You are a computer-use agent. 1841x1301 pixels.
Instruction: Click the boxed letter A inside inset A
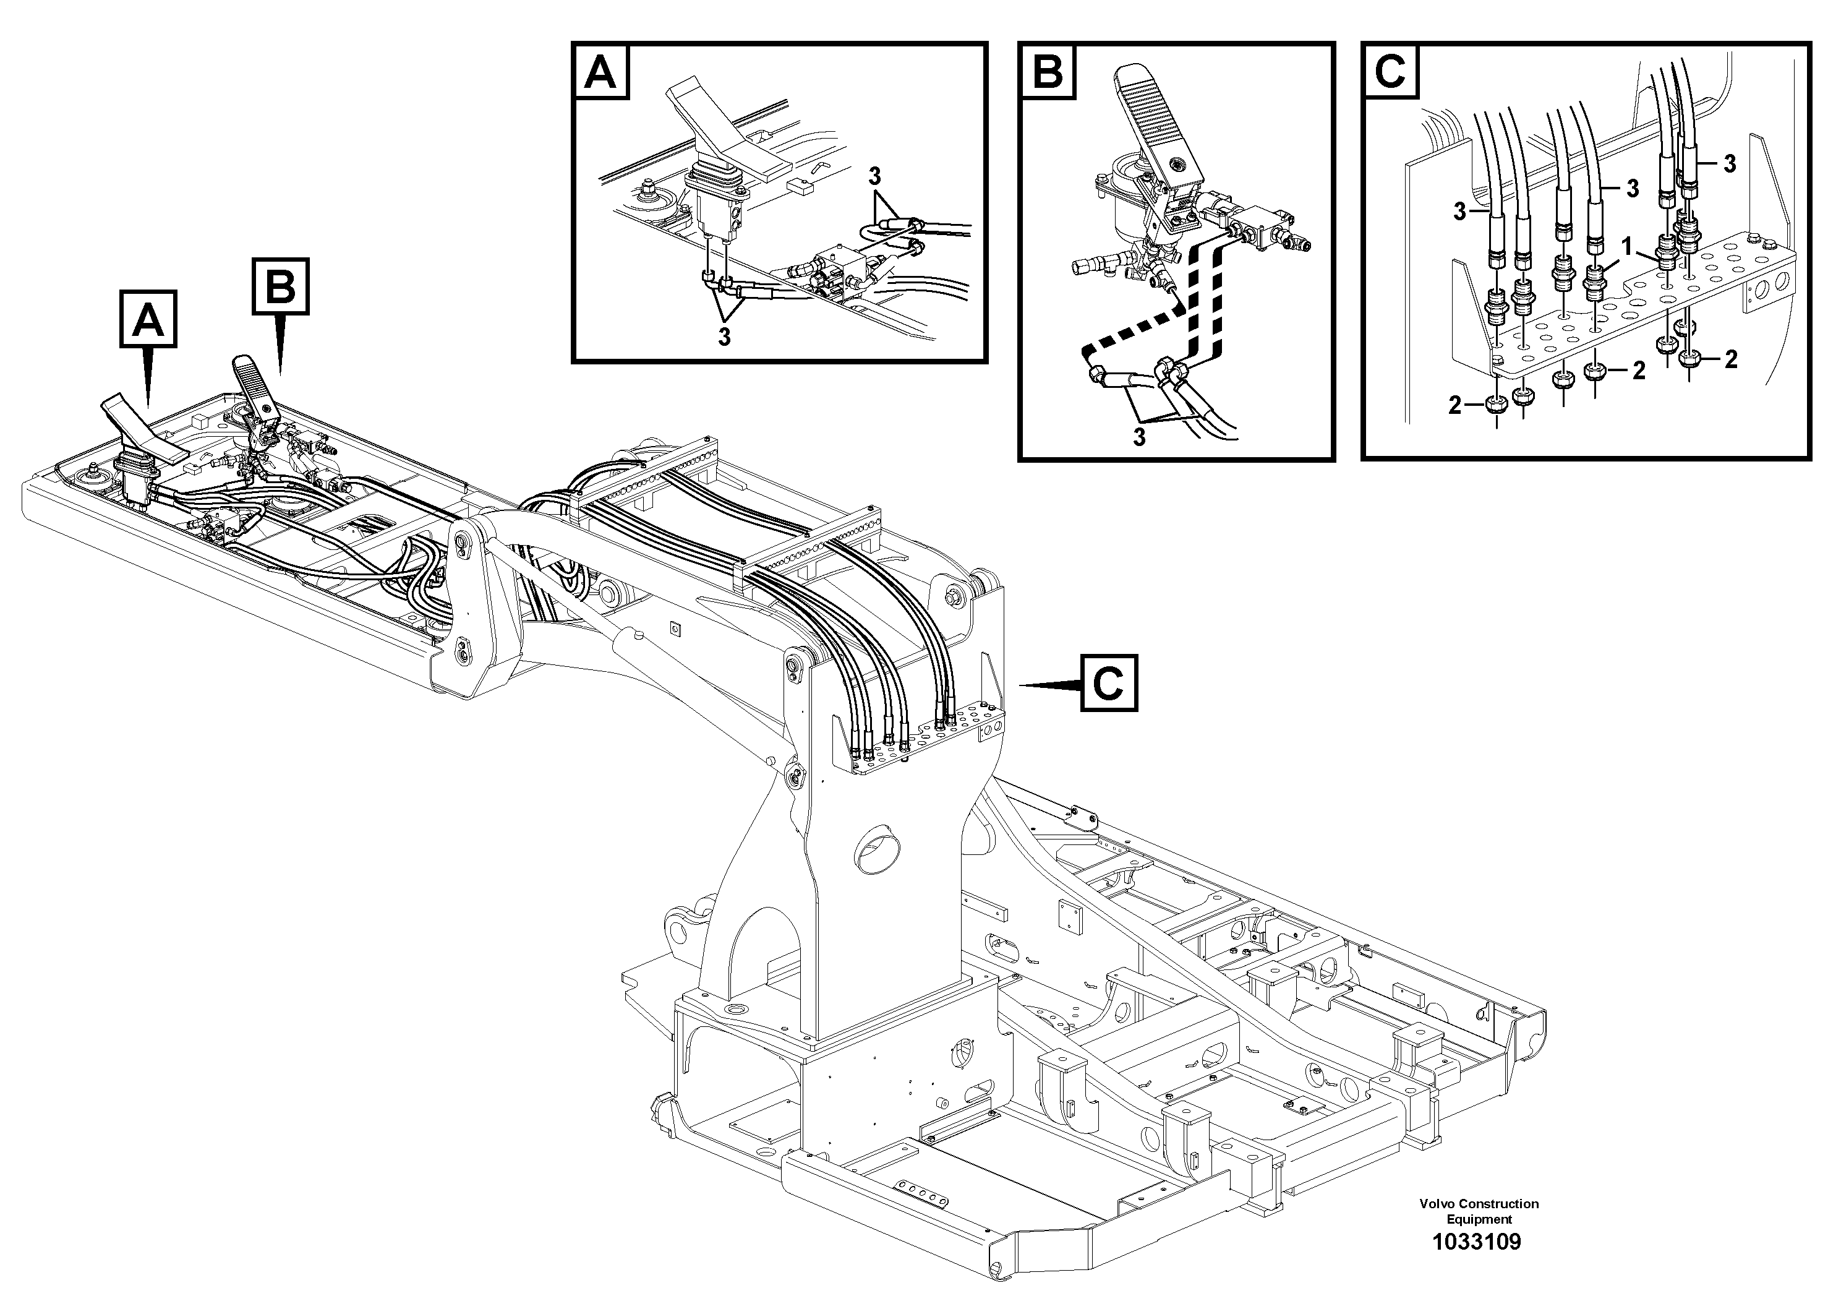(600, 73)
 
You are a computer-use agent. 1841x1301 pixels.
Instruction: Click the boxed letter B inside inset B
(1047, 73)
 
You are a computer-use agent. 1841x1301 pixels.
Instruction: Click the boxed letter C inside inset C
(1390, 73)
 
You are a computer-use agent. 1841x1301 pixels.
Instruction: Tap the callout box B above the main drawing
(280, 286)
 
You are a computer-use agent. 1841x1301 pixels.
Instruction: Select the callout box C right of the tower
(1108, 684)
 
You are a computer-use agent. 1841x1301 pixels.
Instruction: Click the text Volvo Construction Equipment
(1479, 1210)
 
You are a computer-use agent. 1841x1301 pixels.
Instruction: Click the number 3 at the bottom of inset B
(1138, 437)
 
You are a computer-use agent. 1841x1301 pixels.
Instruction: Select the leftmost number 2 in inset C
(1454, 406)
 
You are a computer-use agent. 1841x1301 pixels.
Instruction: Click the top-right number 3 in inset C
(1730, 163)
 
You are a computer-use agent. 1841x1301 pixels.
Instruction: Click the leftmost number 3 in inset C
(1459, 212)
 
